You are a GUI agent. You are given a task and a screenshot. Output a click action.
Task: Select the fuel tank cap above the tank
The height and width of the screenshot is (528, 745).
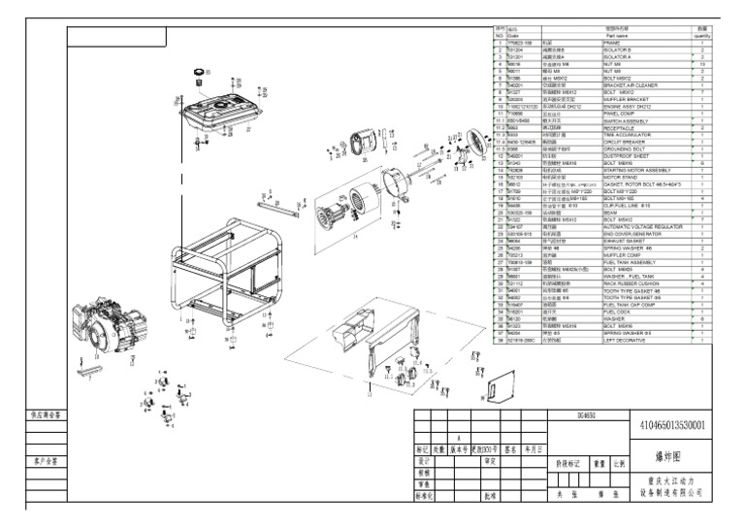coord(203,74)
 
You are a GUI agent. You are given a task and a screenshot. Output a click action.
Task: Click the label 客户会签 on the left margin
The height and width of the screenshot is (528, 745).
coord(47,461)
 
